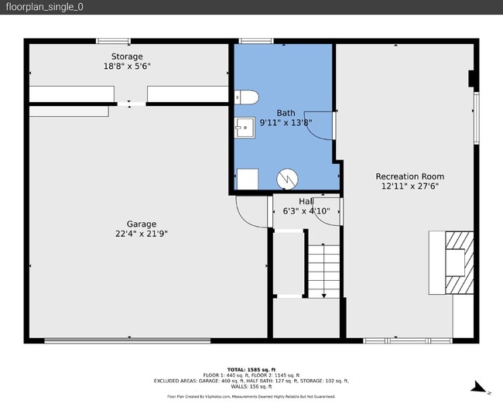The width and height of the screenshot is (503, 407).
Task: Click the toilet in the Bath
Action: [x=245, y=97]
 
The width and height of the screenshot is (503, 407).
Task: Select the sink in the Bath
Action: [x=245, y=128]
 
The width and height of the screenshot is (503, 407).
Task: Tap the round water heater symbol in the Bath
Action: [x=287, y=179]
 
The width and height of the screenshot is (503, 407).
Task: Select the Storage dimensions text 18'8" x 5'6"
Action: [x=127, y=67]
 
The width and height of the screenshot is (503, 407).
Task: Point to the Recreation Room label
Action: [x=410, y=176]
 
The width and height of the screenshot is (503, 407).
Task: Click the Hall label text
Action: [x=306, y=202]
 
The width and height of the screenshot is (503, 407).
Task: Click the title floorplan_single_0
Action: [x=44, y=7]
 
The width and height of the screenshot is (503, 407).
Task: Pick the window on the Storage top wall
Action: [x=113, y=41]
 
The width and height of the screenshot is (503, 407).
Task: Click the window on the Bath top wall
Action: [x=256, y=41]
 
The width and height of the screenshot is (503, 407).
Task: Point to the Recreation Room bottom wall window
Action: [x=407, y=340]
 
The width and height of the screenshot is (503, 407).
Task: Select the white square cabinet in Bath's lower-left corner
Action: [x=248, y=179]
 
